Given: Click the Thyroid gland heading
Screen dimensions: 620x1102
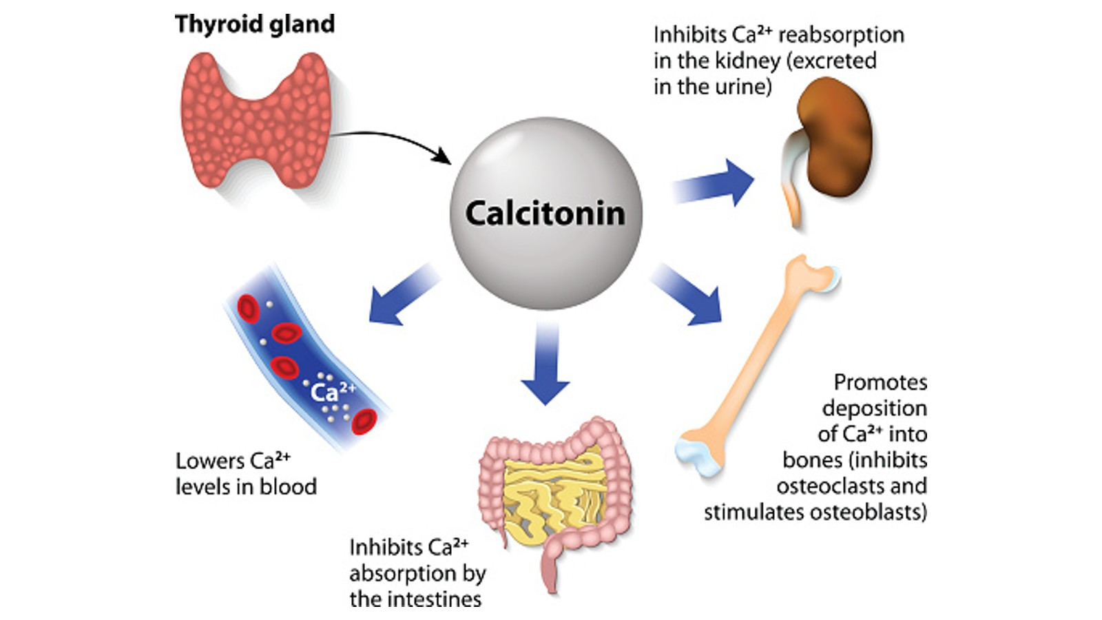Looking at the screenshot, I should [x=254, y=24].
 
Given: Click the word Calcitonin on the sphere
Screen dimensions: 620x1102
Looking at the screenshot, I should [x=545, y=213].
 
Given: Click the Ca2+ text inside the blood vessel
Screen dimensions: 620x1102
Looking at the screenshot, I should [x=333, y=391].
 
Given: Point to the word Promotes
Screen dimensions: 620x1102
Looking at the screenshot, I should [x=880, y=382].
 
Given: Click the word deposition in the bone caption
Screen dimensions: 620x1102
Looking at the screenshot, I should [x=874, y=409].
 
